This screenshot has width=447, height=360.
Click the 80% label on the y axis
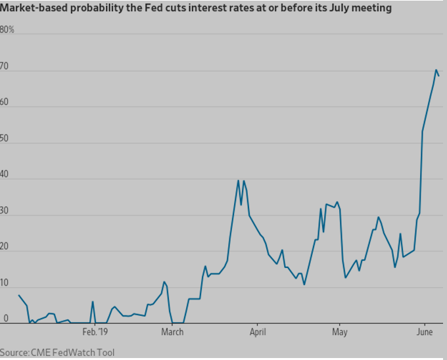[x=7, y=30]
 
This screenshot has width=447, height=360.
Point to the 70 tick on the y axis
[x=5, y=66]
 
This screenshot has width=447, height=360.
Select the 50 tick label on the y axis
[x=5, y=139]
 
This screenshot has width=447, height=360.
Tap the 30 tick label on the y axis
[x=5, y=211]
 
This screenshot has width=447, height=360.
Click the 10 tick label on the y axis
[x=5, y=283]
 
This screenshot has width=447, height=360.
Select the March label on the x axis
[x=172, y=332]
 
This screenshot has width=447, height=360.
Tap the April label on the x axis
[x=257, y=332]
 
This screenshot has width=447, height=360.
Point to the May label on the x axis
[x=339, y=332]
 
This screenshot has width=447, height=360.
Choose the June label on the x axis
[x=424, y=332]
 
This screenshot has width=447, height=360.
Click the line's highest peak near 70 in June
[x=436, y=70]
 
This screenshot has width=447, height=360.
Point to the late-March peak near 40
[x=238, y=181]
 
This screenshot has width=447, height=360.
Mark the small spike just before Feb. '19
[x=93, y=302]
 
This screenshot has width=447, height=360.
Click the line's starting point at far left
[x=18, y=296]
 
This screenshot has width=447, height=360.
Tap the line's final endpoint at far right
[x=439, y=76]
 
